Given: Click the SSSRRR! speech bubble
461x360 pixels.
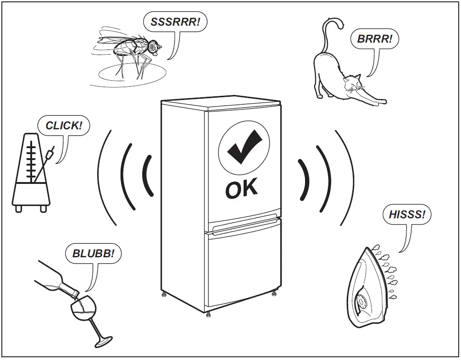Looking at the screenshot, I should click(172, 22).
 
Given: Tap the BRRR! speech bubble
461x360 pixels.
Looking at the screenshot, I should click(375, 39).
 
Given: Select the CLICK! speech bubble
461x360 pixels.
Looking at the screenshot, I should click(64, 125).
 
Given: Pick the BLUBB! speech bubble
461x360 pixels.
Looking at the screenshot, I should click(94, 253).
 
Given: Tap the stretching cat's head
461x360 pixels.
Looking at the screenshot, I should click(351, 84).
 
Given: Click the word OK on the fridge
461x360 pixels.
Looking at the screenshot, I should click(242, 189).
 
